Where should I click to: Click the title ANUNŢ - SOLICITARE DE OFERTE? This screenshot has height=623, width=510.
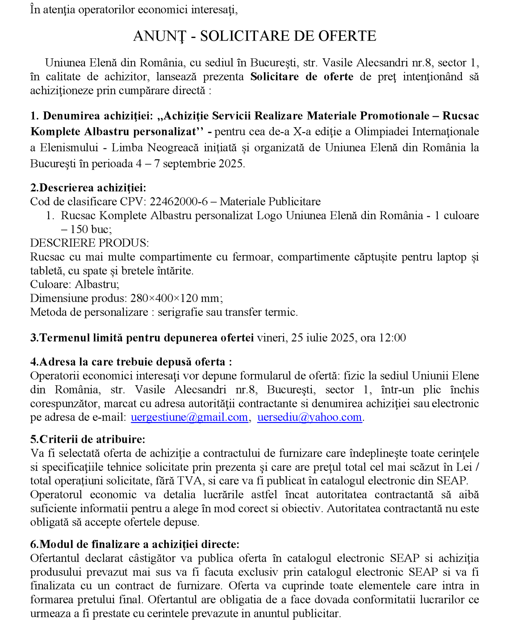[x=255, y=36]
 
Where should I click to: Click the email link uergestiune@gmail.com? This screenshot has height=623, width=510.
[x=189, y=417]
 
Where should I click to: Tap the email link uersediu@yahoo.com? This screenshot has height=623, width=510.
[x=309, y=417]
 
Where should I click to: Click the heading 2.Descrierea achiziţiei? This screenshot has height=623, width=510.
[x=88, y=188]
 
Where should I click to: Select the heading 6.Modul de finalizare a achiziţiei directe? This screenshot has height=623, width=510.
[x=135, y=545]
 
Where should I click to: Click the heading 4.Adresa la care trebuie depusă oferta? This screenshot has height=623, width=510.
[x=131, y=362]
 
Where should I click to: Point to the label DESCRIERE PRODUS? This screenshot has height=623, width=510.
[x=89, y=243]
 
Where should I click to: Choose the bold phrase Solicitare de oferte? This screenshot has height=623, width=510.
[x=302, y=77]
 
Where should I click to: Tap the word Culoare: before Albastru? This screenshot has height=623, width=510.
[x=51, y=284]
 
